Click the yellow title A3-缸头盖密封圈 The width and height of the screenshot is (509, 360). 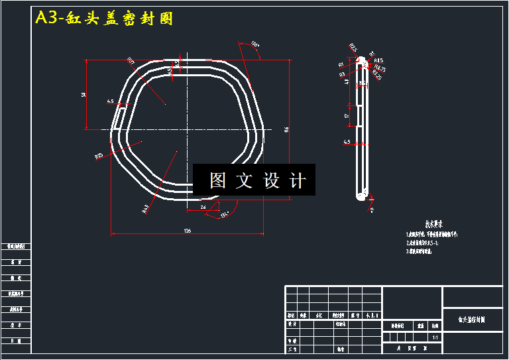pyautogui.click(x=104, y=19)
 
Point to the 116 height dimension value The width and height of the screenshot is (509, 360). pyautogui.click(x=286, y=129)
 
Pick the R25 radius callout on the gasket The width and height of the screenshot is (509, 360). pyautogui.click(x=99, y=156)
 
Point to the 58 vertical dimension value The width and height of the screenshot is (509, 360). pyautogui.click(x=84, y=95)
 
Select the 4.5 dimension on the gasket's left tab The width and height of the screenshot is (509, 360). pyautogui.click(x=110, y=101)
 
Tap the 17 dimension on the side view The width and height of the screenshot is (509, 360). pyautogui.click(x=347, y=116)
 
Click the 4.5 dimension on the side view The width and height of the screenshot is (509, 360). pyautogui.click(x=347, y=142)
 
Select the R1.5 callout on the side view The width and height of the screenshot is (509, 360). pyautogui.click(x=378, y=60)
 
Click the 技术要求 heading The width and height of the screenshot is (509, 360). pyautogui.click(x=433, y=224)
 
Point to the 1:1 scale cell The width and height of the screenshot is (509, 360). pyautogui.click(x=435, y=337)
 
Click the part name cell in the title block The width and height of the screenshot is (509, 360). pyautogui.click(x=471, y=319)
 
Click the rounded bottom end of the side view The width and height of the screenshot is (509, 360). pyautogui.click(x=361, y=196)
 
